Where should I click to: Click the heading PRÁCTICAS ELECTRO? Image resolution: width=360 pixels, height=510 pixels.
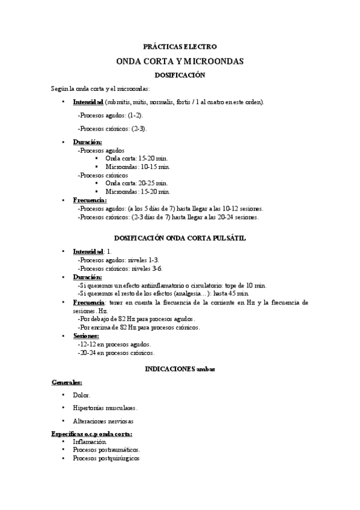[x=180, y=46]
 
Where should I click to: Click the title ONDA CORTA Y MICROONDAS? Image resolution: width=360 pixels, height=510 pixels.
[x=180, y=61]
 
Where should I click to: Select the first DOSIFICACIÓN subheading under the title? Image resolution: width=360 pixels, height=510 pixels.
[x=180, y=75]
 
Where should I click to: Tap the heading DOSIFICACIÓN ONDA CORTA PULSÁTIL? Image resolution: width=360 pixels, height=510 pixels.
[x=180, y=238]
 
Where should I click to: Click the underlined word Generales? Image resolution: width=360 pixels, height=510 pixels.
[x=67, y=382]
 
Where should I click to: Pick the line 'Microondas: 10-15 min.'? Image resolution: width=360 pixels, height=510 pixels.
[x=138, y=167]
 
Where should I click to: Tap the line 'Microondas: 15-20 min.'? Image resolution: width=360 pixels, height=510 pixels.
[x=138, y=191]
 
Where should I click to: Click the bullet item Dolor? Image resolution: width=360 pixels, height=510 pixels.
[x=82, y=395]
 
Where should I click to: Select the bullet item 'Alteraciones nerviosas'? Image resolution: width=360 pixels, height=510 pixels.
[x=103, y=421]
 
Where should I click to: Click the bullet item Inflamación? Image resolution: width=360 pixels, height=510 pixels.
[x=90, y=441]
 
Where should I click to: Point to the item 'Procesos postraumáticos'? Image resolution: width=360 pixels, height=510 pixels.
[x=106, y=449]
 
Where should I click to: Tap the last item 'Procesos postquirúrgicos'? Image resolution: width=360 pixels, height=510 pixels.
[x=106, y=458]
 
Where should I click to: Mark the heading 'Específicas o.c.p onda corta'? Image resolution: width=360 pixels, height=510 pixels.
[x=92, y=434]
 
